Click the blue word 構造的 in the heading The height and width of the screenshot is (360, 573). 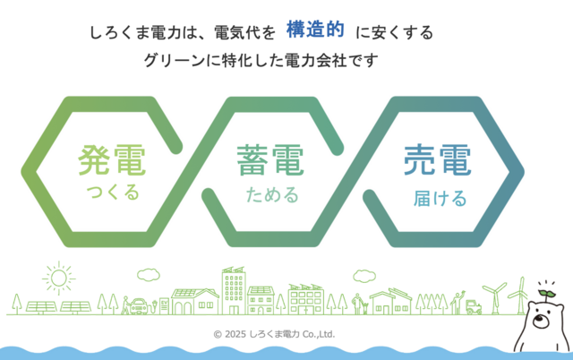tap(315, 30)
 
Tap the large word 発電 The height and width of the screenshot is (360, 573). tap(112, 160)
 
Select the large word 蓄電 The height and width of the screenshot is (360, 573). tap(270, 160)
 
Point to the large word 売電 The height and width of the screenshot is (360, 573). tap(438, 160)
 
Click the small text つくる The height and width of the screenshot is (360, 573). tap(113, 193)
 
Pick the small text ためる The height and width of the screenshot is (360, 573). tap(272, 194)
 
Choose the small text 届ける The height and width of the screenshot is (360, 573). tap(440, 199)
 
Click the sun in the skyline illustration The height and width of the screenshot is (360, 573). tap(58, 279)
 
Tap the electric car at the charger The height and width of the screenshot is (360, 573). tap(139, 306)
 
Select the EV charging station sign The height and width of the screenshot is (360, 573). tap(164, 306)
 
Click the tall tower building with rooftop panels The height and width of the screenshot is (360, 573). tap(234, 290)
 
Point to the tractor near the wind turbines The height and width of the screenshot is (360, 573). tap(474, 307)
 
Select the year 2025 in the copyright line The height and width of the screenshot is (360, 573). tap(235, 334)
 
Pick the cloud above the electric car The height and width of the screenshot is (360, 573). tap(149, 274)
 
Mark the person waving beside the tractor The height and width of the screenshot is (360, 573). tap(457, 303)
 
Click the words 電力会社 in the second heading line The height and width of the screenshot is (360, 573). tap(315, 60)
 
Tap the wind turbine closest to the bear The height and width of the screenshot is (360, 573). tap(520, 296)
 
